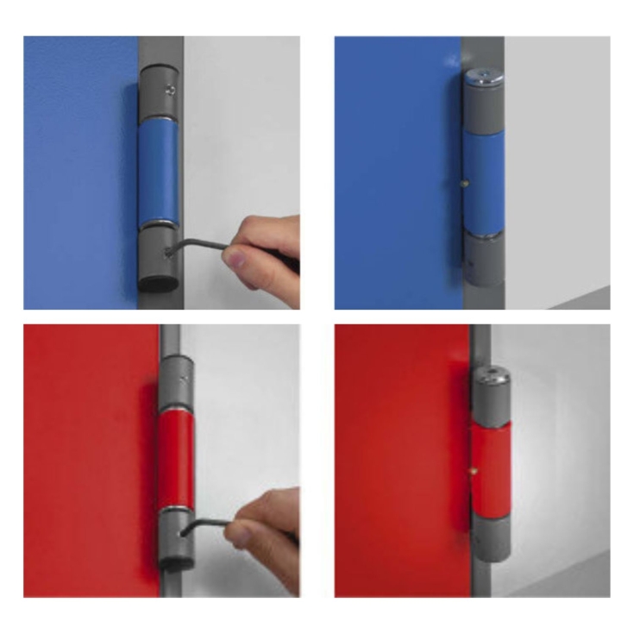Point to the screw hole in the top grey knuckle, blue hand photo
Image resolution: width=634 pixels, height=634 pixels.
(171, 89)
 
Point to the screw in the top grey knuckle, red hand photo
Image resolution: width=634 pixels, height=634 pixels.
(184, 376)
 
